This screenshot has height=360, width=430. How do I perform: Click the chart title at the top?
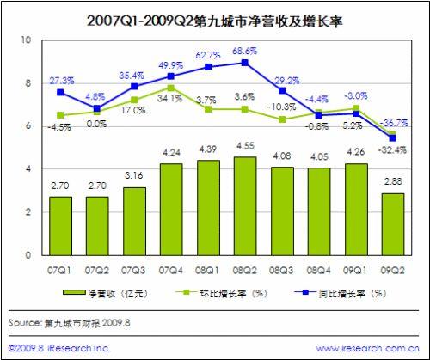point(215,16)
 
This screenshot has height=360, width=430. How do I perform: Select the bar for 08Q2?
point(245,205)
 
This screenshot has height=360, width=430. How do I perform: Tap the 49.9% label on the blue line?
point(172,65)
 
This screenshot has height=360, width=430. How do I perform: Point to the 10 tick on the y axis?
point(28,40)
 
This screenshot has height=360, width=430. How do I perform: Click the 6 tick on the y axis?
point(28,126)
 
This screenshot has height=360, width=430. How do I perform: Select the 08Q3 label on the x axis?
point(282,269)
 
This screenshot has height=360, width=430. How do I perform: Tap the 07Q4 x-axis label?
point(171,269)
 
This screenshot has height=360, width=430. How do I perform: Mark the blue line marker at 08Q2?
point(245,63)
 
